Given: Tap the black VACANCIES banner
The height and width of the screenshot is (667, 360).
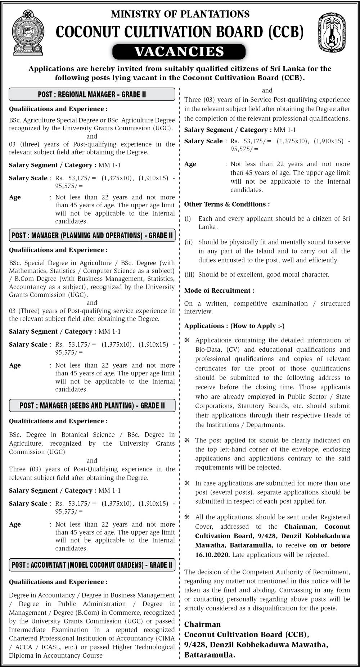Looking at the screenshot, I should click(179, 52).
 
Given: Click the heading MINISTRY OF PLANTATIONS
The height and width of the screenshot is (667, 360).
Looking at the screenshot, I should click(180, 14).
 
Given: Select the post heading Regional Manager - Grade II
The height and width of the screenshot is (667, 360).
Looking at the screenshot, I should click(92, 95).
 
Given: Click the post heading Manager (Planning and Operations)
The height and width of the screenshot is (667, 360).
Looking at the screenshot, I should click(92, 236).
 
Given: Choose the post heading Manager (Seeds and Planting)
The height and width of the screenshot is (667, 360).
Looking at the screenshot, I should click(92, 406).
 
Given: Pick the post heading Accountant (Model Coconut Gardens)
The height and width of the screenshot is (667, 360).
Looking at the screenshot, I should click(92, 565).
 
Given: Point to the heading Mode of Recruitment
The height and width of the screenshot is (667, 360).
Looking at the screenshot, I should click(219, 290).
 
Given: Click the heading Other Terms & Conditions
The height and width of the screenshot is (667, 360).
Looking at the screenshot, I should click(227, 204).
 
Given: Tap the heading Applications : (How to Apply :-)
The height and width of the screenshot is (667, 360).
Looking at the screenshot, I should click(234, 326).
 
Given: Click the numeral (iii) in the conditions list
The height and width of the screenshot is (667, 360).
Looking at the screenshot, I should click(189, 275).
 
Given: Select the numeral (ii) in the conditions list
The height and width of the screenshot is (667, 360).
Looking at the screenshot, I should click(189, 242).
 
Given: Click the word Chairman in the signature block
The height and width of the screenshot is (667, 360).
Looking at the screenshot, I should click(202, 625).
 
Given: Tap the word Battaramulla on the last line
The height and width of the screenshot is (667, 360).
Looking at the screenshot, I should click(210, 655).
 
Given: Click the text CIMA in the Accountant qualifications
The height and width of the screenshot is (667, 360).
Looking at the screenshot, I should click(166, 638).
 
